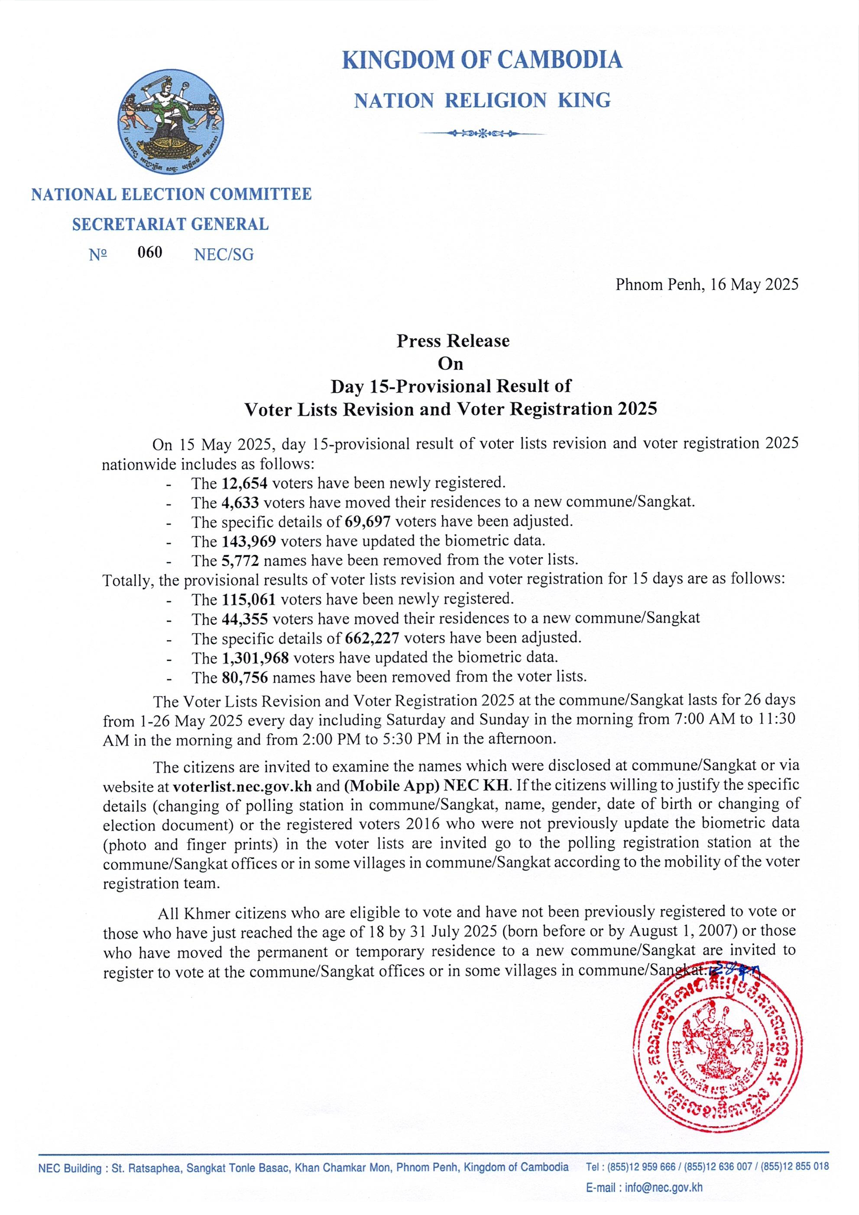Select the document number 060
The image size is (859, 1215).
150,253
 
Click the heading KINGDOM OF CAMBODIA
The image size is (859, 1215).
482,60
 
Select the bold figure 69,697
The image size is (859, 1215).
367,522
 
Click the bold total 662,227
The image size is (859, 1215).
371,638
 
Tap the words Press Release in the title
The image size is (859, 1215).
453,341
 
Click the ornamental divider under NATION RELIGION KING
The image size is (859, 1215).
482,133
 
